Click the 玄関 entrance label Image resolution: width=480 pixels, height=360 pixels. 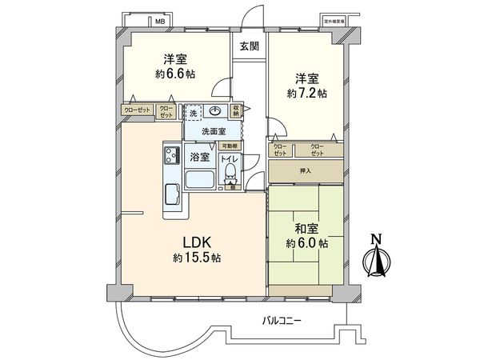(249, 46)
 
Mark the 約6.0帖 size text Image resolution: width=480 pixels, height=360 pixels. (306, 243)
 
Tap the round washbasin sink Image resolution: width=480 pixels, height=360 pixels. (214, 112)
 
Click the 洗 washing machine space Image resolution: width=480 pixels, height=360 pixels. (194, 114)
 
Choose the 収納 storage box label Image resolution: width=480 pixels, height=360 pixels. (237, 111)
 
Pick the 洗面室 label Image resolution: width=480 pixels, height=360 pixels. (212, 131)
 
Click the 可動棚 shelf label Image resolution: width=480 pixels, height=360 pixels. (230, 146)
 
